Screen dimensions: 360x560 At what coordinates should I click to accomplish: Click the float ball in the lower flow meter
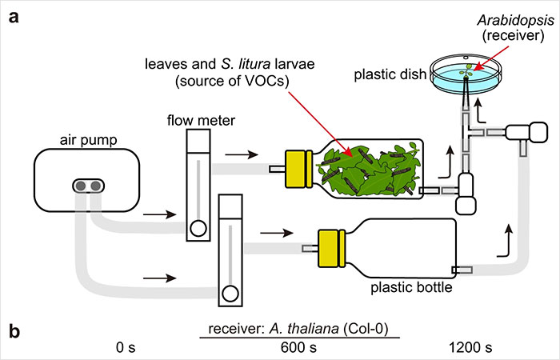(230, 294)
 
